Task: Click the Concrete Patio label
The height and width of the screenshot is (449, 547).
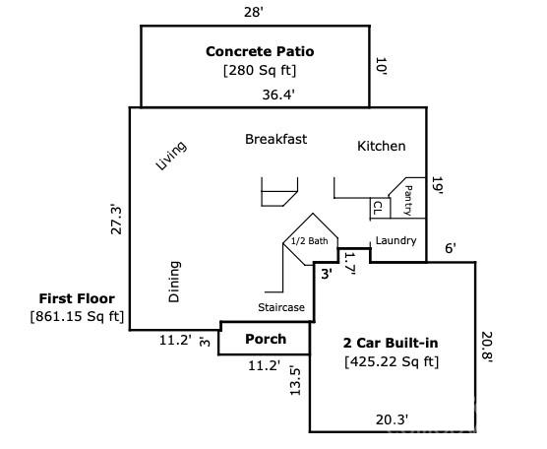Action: (x=260, y=51)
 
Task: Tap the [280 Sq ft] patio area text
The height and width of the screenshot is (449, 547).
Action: (x=260, y=70)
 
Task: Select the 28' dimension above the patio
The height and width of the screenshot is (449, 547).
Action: (x=255, y=11)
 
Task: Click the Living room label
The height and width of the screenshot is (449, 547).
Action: (x=171, y=156)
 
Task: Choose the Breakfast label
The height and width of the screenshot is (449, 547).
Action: (x=275, y=139)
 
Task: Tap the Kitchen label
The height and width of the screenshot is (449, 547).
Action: (x=381, y=146)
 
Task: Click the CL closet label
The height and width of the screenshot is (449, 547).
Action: (x=377, y=208)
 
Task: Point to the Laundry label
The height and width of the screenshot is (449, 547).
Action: (x=395, y=240)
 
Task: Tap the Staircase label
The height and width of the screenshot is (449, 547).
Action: (x=281, y=307)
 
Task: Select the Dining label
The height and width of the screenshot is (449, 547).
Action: (x=174, y=281)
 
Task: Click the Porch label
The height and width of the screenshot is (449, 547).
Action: (x=265, y=339)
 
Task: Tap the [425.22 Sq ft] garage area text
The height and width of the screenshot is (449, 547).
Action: (x=392, y=361)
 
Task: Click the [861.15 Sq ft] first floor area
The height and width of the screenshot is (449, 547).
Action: (x=78, y=316)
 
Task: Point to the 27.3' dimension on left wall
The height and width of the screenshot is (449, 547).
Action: (x=116, y=219)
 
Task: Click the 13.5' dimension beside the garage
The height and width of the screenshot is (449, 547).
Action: (x=294, y=380)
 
